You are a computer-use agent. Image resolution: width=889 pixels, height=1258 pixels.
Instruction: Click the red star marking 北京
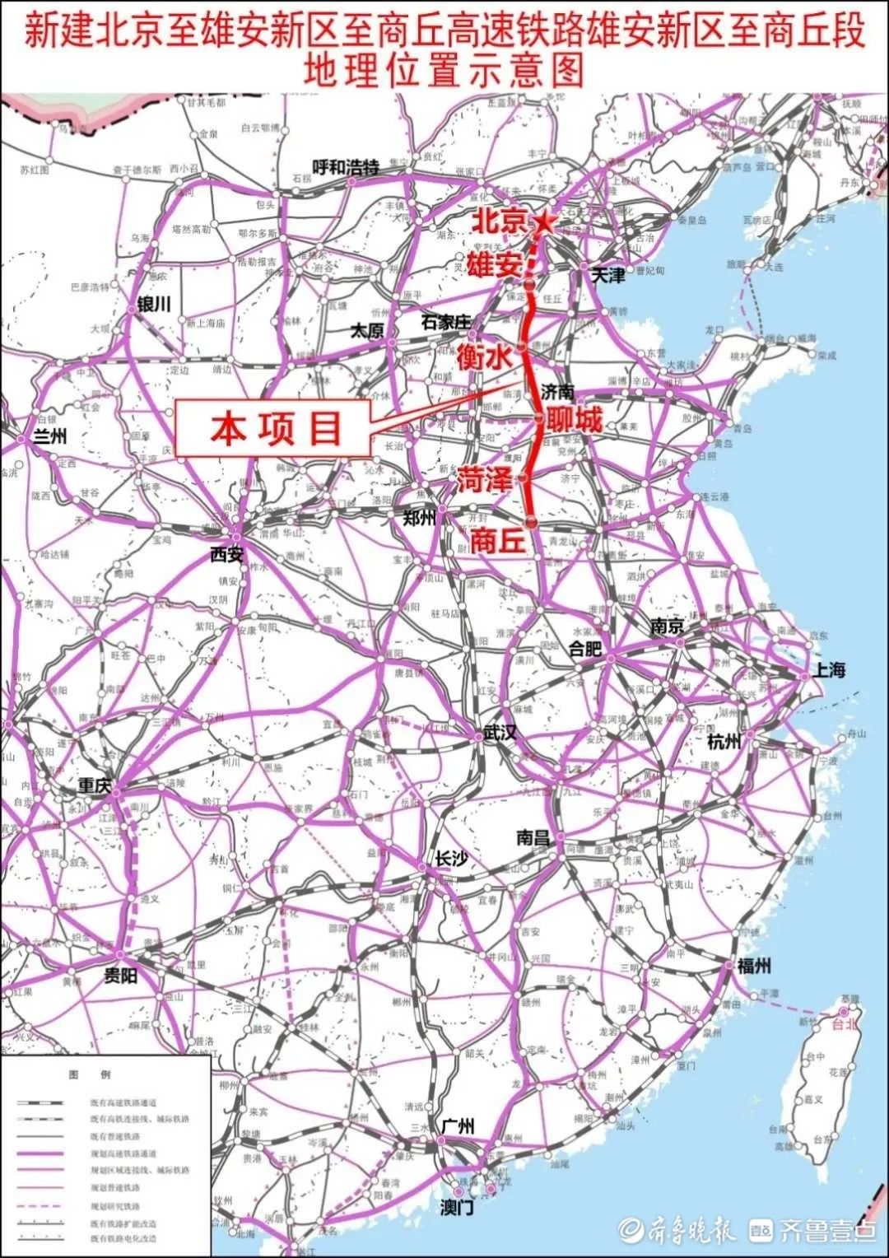[544, 221]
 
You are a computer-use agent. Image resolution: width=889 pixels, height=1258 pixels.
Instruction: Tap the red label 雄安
[494, 265]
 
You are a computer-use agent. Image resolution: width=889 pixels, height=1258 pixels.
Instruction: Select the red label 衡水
[485, 356]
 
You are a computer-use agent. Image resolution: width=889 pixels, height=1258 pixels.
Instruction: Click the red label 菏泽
[485, 478]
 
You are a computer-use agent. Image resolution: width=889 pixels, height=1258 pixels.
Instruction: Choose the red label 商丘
[497, 540]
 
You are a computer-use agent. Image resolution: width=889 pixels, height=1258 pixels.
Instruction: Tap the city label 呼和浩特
[346, 168]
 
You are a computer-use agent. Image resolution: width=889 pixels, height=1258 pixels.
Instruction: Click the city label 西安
[226, 554]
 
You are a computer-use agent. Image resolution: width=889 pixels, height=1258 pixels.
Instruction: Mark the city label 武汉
[500, 732]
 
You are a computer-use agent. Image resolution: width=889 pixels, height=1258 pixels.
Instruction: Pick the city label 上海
[829, 669]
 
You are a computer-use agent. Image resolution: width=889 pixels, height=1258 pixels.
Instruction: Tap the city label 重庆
[94, 785]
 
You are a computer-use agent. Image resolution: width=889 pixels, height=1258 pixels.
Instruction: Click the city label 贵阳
[120, 976]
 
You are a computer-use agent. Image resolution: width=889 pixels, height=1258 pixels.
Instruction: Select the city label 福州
[754, 966]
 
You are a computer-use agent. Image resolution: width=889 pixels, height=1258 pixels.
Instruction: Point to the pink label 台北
[845, 1025]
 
